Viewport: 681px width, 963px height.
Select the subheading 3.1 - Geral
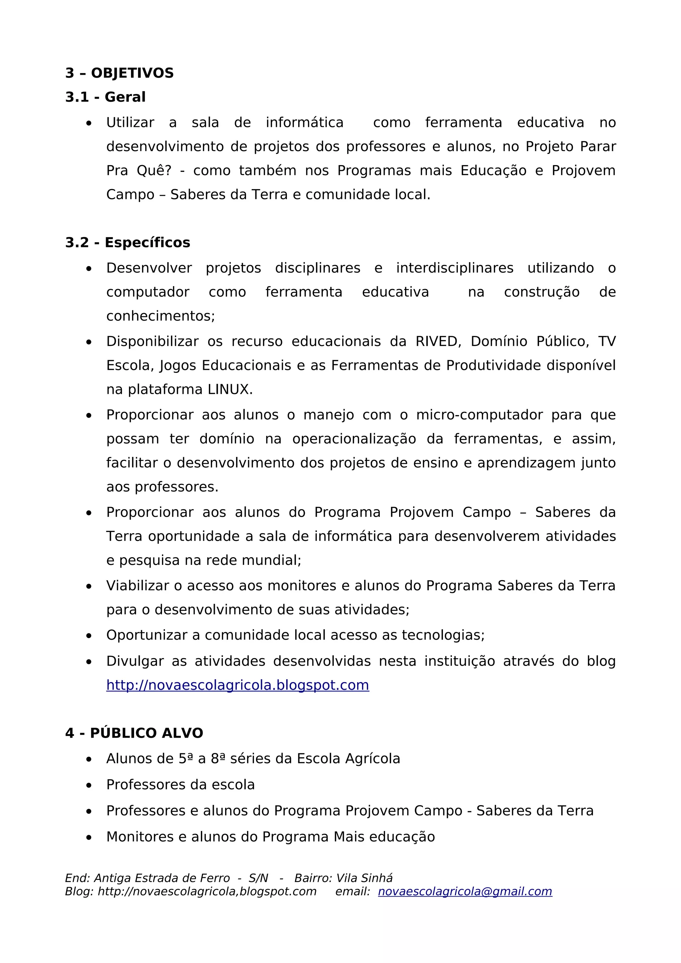point(105,97)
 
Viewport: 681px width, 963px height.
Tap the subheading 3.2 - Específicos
point(128,243)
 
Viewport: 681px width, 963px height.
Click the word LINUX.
point(230,390)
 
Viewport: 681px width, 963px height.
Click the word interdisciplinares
point(455,268)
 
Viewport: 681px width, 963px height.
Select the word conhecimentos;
point(160,316)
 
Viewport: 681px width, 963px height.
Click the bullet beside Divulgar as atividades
point(88,662)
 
